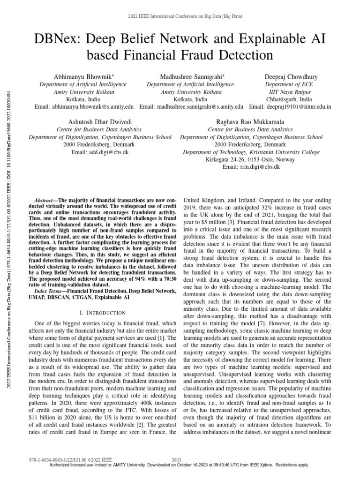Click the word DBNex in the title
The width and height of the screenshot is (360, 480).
coord(52,39)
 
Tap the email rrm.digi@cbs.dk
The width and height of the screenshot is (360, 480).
coord(251,166)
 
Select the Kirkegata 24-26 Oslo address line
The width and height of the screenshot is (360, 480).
coord(251,159)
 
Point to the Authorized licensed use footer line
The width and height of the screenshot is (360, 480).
coord(180,465)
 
